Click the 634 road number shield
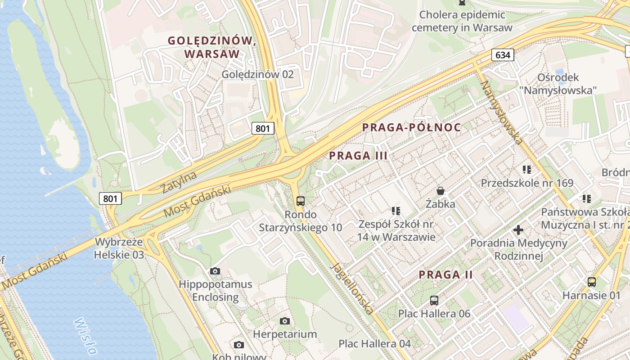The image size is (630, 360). pyautogui.click(x=503, y=55)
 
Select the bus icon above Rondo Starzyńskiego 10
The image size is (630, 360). pyautogui.click(x=301, y=201)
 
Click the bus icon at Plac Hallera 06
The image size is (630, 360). pyautogui.click(x=434, y=300)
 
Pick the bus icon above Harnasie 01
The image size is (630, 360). pyautogui.click(x=592, y=282)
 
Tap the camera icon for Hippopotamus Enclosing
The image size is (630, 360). pyautogui.click(x=215, y=271)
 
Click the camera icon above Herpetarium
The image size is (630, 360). pyautogui.click(x=284, y=321)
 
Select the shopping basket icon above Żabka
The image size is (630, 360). pyautogui.click(x=441, y=191)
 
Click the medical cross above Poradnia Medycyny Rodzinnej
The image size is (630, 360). pyautogui.click(x=518, y=230)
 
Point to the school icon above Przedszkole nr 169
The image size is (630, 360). pyautogui.click(x=527, y=170)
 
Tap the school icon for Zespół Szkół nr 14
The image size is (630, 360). pyautogui.click(x=396, y=211)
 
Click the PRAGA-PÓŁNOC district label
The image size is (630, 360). pyautogui.click(x=411, y=127)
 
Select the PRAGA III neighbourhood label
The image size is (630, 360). pyautogui.click(x=358, y=156)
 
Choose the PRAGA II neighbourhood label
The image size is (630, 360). pyautogui.click(x=446, y=274)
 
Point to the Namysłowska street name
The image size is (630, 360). pyautogui.click(x=501, y=112)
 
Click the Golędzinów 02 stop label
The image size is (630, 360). pyautogui.click(x=257, y=74)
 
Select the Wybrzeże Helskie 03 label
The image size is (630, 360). pyautogui.click(x=119, y=248)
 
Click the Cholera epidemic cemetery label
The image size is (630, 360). pyautogui.click(x=462, y=21)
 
